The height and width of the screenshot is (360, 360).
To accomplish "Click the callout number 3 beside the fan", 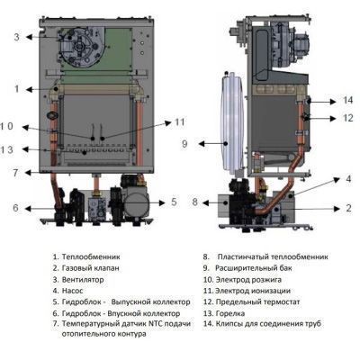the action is pos(17,37).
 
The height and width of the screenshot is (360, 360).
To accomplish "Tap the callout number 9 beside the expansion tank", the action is pos(184,144).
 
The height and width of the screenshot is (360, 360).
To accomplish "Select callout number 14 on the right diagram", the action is pos(348,100).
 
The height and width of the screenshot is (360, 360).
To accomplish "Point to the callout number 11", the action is pos(179,122).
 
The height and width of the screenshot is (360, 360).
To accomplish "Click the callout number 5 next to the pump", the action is pos(175,202).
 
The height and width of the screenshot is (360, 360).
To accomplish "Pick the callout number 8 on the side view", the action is pos(195,202).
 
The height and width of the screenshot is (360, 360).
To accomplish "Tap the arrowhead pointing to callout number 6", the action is pos(27,209).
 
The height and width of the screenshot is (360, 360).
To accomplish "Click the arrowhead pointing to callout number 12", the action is pos(332,119).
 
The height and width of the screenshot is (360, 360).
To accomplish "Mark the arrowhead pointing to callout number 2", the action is pos(337,209).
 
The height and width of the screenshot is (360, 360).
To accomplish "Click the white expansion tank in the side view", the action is pos(232,123).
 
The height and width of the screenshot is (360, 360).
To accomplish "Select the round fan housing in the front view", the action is pos(78,47).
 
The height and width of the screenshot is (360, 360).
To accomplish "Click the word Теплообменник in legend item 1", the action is pos(91,256).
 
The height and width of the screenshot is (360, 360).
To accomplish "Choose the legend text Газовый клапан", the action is pos(90,268).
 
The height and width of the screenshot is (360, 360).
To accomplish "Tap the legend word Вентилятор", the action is pos(83,280).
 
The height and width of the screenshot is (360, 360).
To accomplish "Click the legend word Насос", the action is pos(72,291).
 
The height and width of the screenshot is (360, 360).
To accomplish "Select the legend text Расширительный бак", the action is pos(254,268).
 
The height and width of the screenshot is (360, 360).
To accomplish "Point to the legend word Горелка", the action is pos(230,313).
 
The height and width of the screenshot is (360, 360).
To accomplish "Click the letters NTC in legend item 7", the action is pos(155,324).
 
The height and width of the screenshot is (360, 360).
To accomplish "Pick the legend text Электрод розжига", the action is pos(248,280).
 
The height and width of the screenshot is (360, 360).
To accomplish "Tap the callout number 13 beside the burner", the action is pos(7,149).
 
